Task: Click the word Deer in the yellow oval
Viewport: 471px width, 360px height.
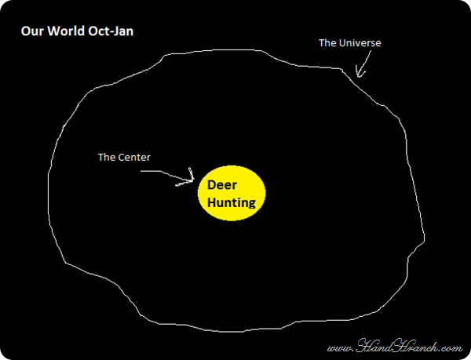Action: click(221, 187)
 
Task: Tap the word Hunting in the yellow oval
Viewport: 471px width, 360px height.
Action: click(232, 202)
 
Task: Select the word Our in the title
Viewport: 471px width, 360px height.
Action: click(31, 33)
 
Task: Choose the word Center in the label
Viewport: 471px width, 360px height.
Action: click(133, 157)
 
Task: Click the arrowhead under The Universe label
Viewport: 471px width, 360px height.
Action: click(360, 74)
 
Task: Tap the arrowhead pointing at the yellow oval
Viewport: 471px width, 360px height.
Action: click(191, 180)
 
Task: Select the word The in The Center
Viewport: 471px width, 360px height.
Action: click(106, 157)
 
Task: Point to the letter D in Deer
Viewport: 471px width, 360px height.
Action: click(211, 187)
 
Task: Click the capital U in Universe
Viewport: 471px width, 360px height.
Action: click(341, 43)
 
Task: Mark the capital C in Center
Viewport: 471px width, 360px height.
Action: click(121, 157)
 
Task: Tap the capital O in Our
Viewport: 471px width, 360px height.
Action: click(24, 33)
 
